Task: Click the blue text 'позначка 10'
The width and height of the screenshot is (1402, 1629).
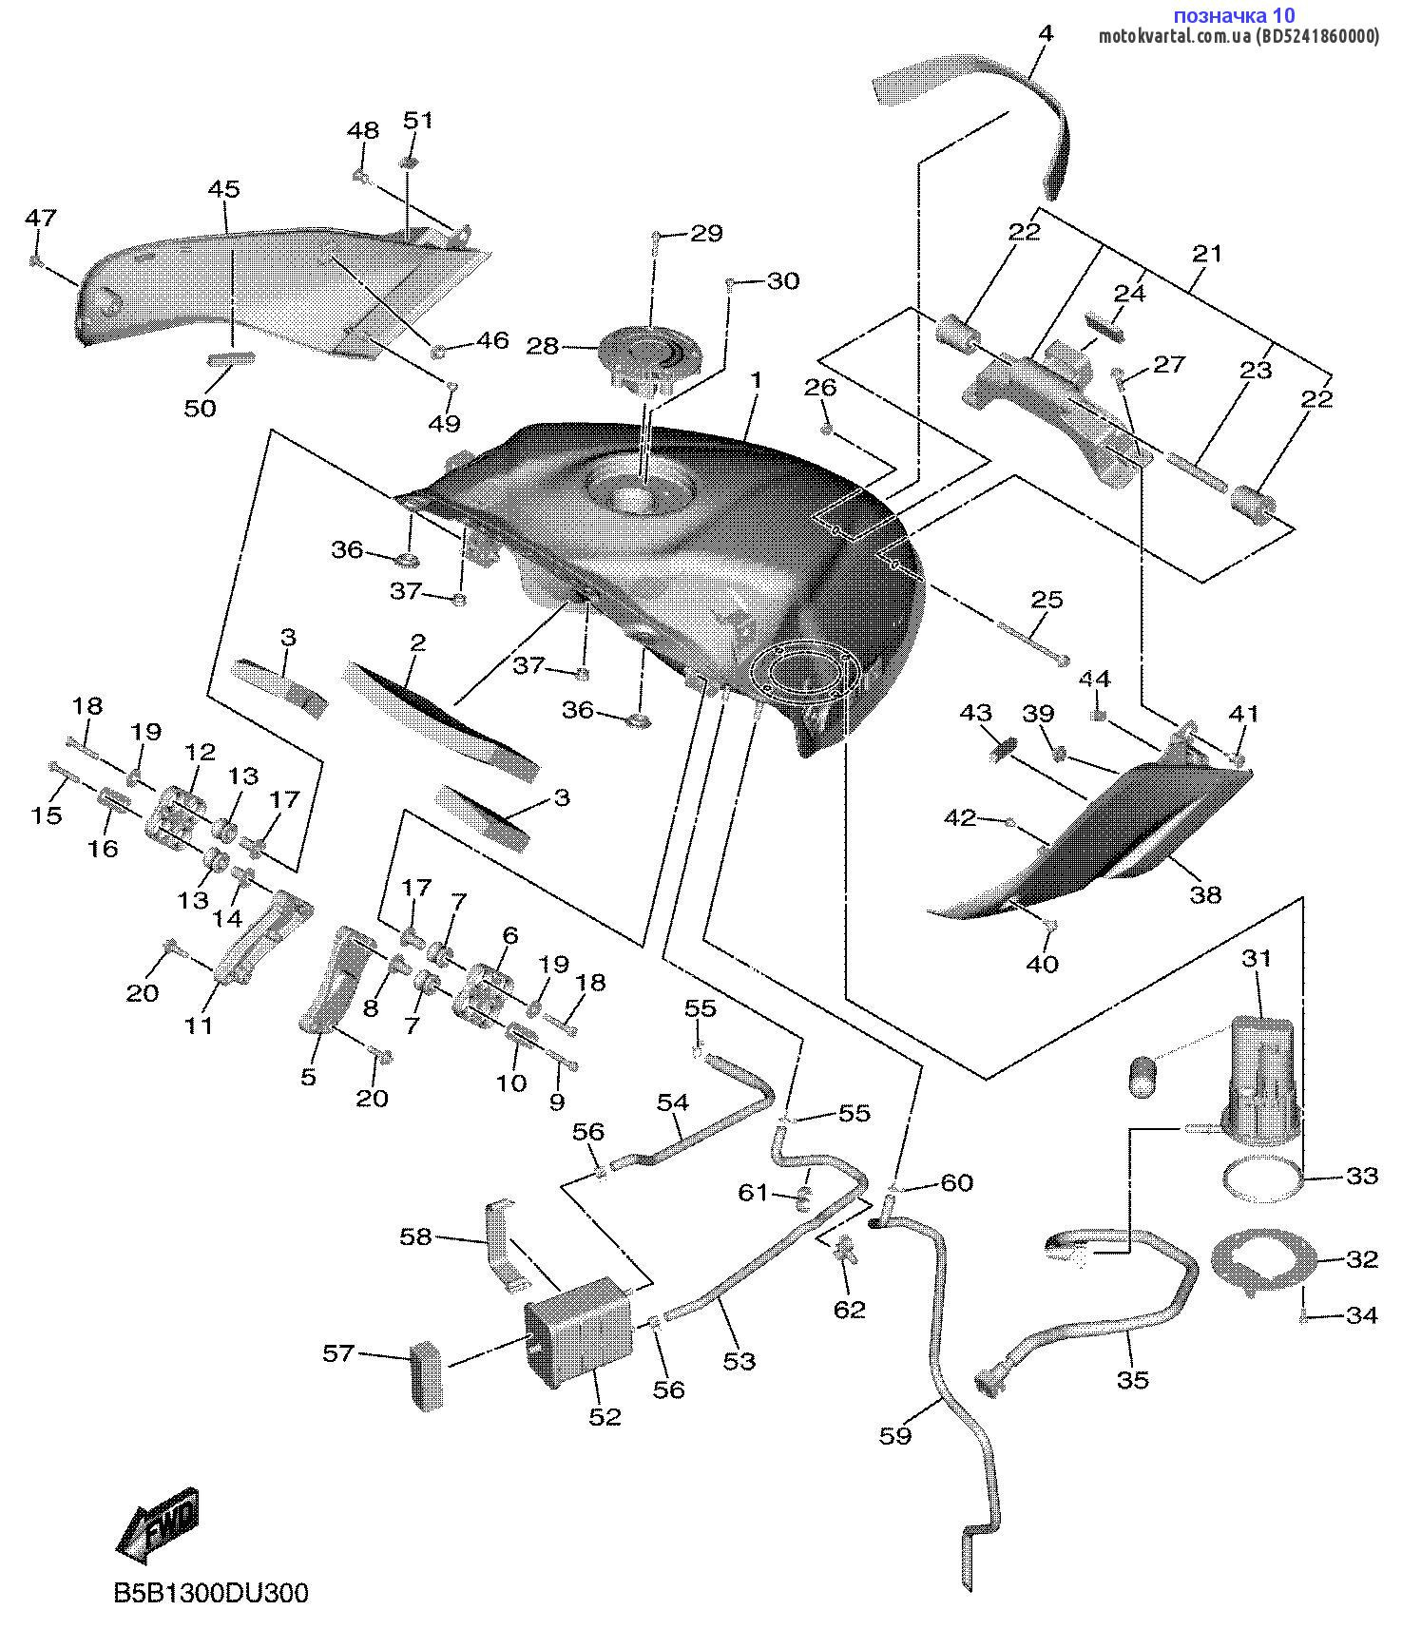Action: click(1234, 15)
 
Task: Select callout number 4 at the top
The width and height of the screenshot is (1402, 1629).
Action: click(1046, 33)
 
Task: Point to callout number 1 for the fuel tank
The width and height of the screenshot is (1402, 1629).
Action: click(757, 380)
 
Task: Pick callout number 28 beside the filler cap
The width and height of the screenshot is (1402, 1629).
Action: click(543, 346)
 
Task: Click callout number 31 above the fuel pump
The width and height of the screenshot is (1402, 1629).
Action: click(1257, 959)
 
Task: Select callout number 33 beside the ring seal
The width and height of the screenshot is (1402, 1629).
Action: click(1362, 1176)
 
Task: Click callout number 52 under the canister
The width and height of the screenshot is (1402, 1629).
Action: click(605, 1417)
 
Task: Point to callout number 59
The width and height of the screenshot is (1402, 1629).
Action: click(895, 1435)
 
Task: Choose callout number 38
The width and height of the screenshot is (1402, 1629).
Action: click(1206, 894)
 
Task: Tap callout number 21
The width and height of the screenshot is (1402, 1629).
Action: click(1207, 254)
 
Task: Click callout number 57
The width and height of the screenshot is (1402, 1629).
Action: click(338, 1352)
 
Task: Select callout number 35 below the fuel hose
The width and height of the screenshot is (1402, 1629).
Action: click(1133, 1380)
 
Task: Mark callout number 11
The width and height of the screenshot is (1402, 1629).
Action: click(200, 1025)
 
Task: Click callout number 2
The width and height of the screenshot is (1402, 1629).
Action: click(417, 642)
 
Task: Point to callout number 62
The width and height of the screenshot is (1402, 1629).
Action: click(850, 1310)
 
